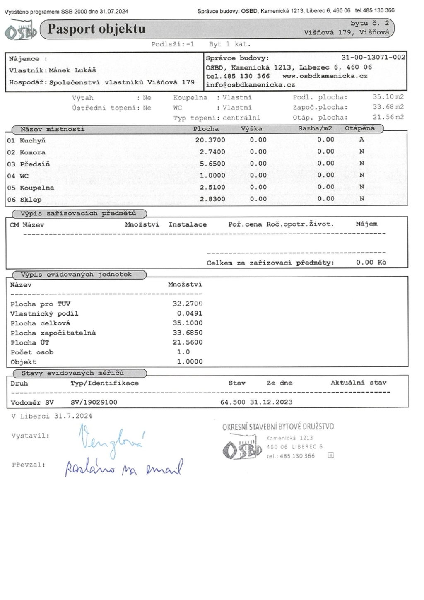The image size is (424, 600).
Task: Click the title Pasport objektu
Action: (x=96, y=29)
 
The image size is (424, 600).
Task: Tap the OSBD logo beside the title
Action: (x=21, y=32)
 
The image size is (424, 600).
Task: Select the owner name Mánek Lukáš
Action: (x=72, y=70)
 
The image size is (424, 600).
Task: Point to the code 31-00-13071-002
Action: (x=373, y=58)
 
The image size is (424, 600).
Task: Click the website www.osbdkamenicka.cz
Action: (x=325, y=76)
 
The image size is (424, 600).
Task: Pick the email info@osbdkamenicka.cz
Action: (x=250, y=85)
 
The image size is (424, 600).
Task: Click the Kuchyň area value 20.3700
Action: (x=210, y=140)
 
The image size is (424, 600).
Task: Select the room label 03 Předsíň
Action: (x=29, y=164)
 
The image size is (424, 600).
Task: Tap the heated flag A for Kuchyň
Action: (x=361, y=140)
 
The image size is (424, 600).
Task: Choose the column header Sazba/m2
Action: (x=315, y=128)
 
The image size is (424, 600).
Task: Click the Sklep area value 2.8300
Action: (x=212, y=199)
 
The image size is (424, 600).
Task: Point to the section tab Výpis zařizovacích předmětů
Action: (x=78, y=214)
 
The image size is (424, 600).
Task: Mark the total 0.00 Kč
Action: (x=371, y=263)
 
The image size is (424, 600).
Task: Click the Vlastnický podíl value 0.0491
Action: (x=190, y=313)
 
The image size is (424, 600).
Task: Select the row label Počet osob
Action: (x=32, y=352)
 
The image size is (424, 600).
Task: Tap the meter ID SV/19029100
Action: (x=94, y=402)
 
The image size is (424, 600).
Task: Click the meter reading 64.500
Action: (x=233, y=402)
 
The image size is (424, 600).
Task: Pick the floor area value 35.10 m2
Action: (x=388, y=97)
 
